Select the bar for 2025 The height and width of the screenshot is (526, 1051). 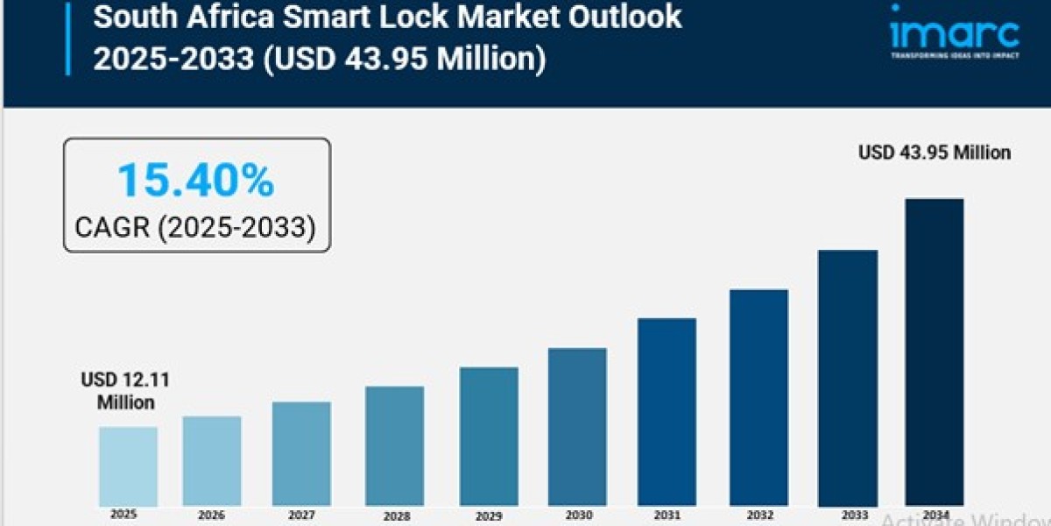click(128, 466)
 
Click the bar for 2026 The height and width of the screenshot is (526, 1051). click(212, 461)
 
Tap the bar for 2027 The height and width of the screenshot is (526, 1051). click(301, 454)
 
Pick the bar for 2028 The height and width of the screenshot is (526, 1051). click(394, 446)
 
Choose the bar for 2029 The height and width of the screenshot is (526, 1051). click(489, 437)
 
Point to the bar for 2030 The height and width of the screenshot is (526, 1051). click(577, 427)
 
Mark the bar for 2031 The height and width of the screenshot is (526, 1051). click(667, 412)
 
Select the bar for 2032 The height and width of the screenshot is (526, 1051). click(758, 398)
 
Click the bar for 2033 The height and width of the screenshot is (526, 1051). click(848, 378)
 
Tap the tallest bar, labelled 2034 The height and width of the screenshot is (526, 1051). click(934, 352)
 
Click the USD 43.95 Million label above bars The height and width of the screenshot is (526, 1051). click(934, 153)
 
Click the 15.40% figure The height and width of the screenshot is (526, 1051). click(195, 181)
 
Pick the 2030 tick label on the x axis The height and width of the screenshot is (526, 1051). click(577, 515)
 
